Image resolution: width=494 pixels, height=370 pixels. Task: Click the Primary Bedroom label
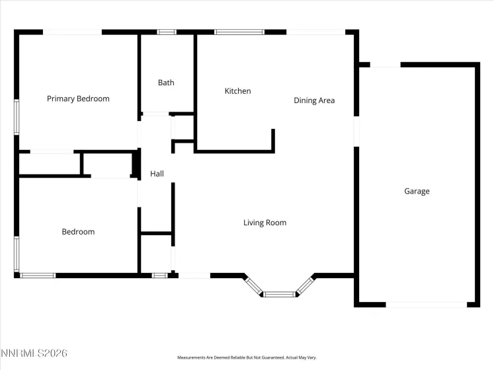[x=78, y=98]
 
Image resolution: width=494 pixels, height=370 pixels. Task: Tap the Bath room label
[x=166, y=83]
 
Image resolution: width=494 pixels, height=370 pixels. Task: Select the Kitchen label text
[x=237, y=91]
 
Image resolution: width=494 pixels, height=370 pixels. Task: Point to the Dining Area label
[x=314, y=100]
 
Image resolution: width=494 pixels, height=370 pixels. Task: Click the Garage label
[x=417, y=191]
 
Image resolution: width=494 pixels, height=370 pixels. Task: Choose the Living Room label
[x=265, y=223]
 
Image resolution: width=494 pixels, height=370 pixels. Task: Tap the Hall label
[x=157, y=174]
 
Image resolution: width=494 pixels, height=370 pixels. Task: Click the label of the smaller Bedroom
[x=78, y=231]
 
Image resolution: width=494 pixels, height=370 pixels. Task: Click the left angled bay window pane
[x=253, y=285]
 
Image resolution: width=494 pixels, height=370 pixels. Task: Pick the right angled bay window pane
[x=304, y=285]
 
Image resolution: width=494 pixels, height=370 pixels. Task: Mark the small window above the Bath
[x=167, y=31]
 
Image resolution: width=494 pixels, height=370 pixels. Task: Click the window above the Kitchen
[x=239, y=31]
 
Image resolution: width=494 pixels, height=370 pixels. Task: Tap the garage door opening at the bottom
[x=426, y=305]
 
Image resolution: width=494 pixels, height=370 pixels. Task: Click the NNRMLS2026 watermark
[x=34, y=354]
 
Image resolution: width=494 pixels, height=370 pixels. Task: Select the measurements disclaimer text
[x=247, y=357]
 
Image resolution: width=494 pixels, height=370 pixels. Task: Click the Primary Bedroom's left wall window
[x=17, y=117]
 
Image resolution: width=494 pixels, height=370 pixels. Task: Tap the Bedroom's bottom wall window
[x=38, y=275]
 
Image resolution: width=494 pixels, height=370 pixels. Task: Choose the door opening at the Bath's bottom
[x=156, y=114]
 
